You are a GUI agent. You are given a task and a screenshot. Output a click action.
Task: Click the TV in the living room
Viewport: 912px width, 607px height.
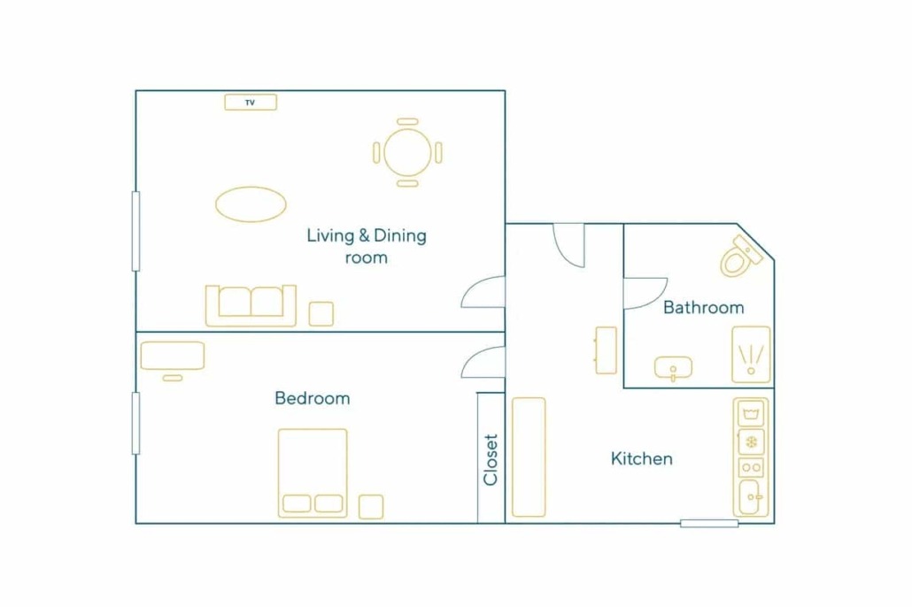click(251, 103)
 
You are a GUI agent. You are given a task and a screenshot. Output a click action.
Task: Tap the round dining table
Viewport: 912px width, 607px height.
click(407, 152)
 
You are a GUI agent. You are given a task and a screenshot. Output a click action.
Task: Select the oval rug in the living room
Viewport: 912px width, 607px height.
click(251, 204)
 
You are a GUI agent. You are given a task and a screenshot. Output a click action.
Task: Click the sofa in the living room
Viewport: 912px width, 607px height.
click(251, 306)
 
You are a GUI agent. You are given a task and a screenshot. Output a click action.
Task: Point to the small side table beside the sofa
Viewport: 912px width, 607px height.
click(321, 314)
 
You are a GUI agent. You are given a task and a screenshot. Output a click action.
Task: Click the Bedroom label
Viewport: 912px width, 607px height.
click(313, 398)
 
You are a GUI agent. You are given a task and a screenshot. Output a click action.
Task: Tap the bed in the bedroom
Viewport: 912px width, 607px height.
click(313, 473)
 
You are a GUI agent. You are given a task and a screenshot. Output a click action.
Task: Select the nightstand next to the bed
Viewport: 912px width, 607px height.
click(371, 506)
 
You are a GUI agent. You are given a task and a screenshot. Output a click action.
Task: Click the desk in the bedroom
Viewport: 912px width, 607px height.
click(173, 355)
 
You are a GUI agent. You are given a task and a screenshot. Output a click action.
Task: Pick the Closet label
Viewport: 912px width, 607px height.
click(491, 459)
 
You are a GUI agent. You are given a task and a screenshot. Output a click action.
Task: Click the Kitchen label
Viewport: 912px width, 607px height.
click(642, 458)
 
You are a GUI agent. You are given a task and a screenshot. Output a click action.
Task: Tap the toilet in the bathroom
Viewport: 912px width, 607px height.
click(741, 257)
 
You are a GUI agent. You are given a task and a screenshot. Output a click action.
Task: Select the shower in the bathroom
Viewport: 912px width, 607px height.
click(751, 355)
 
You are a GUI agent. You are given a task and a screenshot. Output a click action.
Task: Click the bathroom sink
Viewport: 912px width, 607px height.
click(674, 368)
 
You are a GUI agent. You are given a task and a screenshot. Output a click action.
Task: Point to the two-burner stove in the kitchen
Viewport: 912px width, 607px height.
click(751, 467)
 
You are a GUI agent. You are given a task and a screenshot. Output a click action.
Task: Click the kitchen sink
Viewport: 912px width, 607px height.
click(751, 497)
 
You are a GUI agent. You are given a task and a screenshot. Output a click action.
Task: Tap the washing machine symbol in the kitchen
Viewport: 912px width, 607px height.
click(751, 414)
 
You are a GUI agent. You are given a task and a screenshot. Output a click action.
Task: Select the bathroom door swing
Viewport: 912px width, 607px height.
click(645, 294)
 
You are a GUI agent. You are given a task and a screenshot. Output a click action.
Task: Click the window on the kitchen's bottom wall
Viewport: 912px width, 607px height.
click(709, 523)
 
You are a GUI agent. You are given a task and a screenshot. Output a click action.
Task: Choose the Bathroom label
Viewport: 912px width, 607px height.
click(704, 307)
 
